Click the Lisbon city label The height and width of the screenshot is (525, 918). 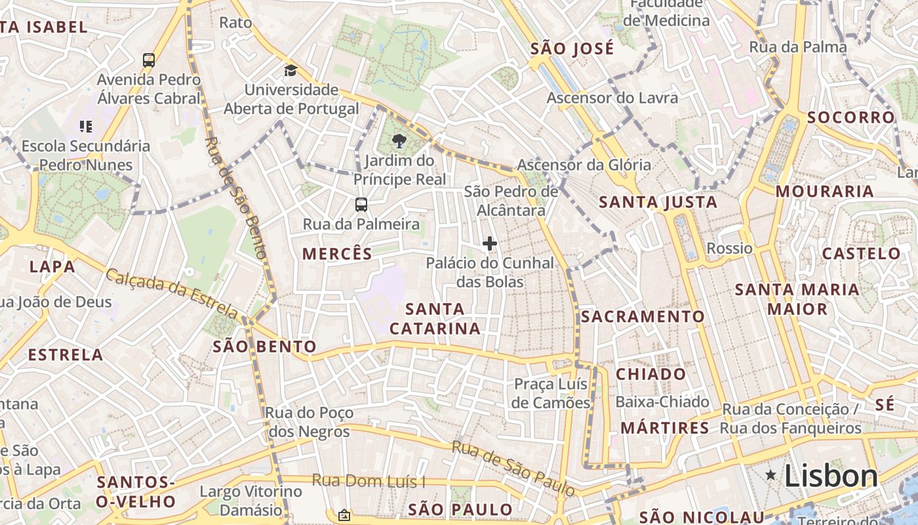point(831,476)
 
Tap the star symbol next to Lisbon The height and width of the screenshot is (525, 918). point(770,474)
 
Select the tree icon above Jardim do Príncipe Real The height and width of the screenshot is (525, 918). point(398,140)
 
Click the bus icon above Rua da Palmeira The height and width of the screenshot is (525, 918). point(361,205)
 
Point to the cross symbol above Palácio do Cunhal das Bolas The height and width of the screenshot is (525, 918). point(489,244)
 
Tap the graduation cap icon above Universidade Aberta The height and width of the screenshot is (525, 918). point(290,70)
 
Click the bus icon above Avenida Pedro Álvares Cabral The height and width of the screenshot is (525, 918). point(149,60)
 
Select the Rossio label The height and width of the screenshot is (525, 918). point(729,248)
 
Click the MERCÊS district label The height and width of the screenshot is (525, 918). point(337,253)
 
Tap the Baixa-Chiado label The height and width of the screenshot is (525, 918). point(662,402)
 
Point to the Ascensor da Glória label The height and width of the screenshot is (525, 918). point(584,165)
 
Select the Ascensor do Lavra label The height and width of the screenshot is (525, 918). point(612,98)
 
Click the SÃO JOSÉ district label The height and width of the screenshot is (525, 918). point(572,48)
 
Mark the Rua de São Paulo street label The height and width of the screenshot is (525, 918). point(513,468)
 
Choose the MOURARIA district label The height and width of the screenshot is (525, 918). point(825,191)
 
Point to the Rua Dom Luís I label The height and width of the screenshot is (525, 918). point(368,480)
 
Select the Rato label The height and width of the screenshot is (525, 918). point(235,22)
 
